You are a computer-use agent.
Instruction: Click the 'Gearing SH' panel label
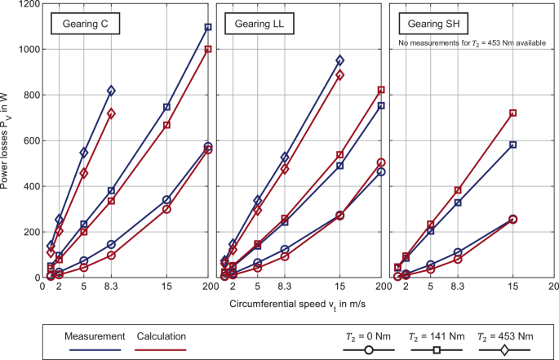pos(433,25)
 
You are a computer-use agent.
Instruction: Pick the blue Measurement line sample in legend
pos(96,349)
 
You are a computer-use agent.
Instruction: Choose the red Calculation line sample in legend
pos(162,349)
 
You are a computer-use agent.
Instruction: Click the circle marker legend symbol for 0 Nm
pos(368,349)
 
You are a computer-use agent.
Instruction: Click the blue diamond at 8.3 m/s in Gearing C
pos(111,91)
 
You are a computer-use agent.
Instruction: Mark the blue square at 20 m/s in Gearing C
pos(207,27)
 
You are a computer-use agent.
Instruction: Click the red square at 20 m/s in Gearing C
pos(207,49)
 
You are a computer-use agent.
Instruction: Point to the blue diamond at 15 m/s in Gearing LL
pos(340,60)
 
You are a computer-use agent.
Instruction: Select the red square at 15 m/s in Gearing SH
pos(512,113)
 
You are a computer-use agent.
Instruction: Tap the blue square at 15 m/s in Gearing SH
pos(512,144)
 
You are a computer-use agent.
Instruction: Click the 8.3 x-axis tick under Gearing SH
pos(458,287)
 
